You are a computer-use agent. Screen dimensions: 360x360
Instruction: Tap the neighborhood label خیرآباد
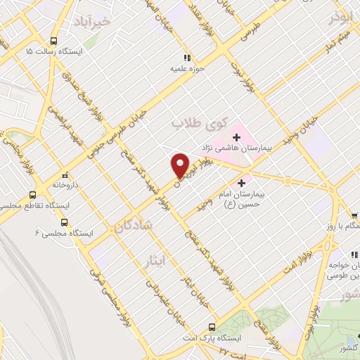[x=112, y=22]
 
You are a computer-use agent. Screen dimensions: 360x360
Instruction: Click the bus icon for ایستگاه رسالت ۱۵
[x=54, y=41]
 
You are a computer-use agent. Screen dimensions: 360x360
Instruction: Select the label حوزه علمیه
[x=186, y=68]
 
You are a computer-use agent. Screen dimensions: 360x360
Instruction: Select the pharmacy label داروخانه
[x=65, y=185]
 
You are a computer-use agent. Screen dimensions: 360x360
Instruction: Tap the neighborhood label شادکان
[x=130, y=226]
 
